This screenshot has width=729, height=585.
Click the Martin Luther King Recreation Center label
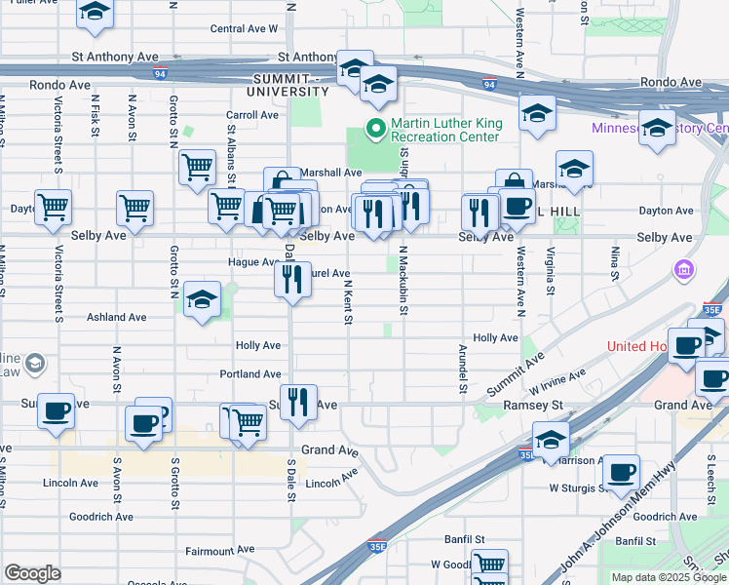pyautogui.click(x=444, y=130)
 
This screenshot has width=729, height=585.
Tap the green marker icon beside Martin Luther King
pyautogui.click(x=373, y=128)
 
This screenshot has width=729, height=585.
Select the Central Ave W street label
pyautogui.click(x=244, y=29)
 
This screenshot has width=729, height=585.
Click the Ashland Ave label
pyautogui.click(x=116, y=317)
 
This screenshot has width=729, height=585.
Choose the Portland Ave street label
pyautogui.click(x=250, y=374)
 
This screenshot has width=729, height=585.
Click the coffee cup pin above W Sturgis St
pyautogui.click(x=620, y=473)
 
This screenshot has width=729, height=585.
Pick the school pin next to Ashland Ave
pyautogui.click(x=202, y=299)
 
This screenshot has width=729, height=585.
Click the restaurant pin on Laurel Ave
pyautogui.click(x=292, y=280)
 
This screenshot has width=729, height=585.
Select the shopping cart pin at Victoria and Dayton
pyautogui.click(x=53, y=207)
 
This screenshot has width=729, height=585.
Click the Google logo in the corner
pyautogui.click(x=32, y=573)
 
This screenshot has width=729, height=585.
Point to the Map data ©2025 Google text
pyautogui.click(x=668, y=577)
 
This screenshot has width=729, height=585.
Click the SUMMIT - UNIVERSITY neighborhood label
pyautogui.click(x=290, y=85)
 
